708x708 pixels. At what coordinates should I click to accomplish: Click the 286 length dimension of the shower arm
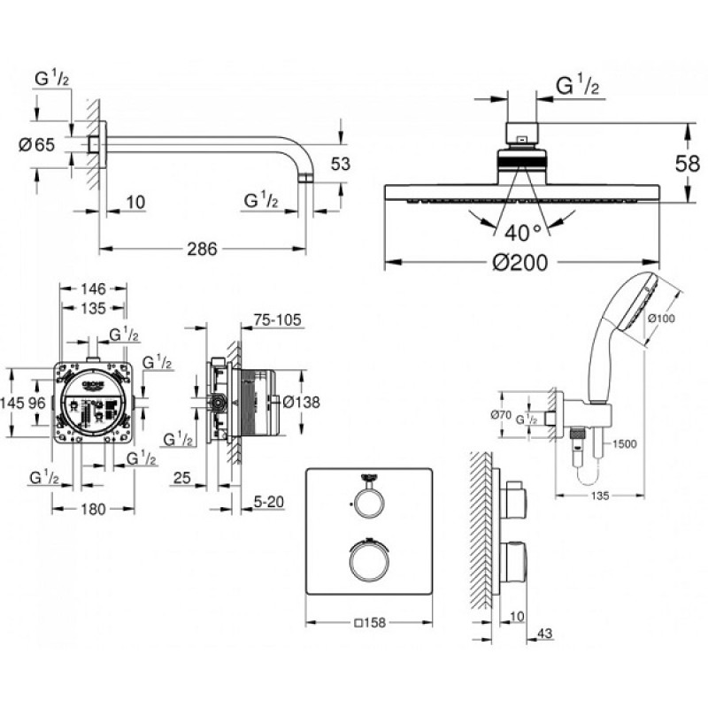tap(202, 250)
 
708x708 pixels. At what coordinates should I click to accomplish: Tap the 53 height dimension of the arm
tap(341, 164)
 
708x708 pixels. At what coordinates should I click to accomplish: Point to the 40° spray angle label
tap(522, 233)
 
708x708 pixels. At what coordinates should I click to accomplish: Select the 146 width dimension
tap(91, 289)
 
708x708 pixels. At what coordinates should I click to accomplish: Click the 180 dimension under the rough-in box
tap(91, 509)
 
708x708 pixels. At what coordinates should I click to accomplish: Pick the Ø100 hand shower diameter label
tap(662, 318)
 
